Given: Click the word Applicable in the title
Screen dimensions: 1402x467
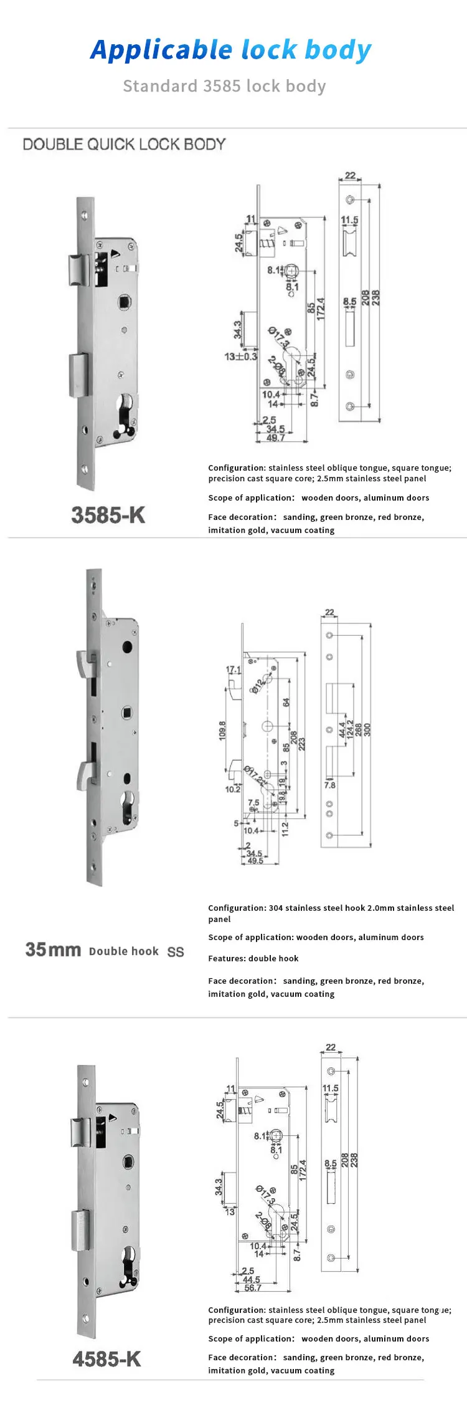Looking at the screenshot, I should [x=161, y=50].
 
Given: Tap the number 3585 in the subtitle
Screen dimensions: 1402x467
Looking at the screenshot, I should [x=224, y=86].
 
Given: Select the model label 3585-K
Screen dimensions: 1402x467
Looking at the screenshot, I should [x=108, y=516].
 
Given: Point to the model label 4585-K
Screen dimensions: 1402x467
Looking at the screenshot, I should [x=106, y=1359].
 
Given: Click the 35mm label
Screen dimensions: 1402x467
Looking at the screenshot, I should [x=53, y=949].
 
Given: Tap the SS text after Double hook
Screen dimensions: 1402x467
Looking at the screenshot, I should [x=176, y=952].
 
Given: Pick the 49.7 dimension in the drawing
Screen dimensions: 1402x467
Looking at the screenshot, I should [x=275, y=438].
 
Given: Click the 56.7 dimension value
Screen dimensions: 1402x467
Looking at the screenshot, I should [x=253, y=1287].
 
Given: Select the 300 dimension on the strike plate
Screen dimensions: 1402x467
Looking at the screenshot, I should [x=367, y=730].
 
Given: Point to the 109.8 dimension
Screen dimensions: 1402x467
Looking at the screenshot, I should [x=222, y=730].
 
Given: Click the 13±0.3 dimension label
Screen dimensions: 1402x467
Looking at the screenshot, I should [x=240, y=357].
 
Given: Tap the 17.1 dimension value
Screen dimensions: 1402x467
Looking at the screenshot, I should [x=233, y=670].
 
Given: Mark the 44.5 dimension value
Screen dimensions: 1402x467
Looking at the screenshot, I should [x=251, y=1279].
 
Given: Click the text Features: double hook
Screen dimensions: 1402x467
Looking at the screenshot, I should [x=253, y=958].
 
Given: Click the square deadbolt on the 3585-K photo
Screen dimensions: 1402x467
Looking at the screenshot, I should [x=78, y=375].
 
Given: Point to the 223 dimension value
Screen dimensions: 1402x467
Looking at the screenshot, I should [x=302, y=744].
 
